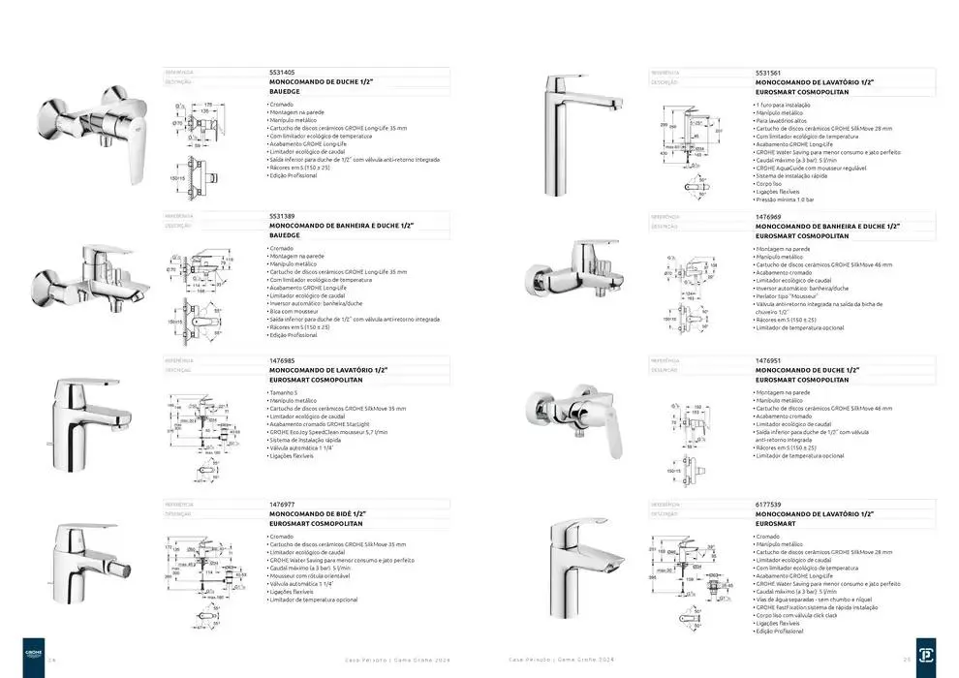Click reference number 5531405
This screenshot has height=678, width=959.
click(x=283, y=73)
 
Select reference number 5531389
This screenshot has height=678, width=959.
click(x=283, y=216)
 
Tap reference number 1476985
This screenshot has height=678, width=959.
click(x=283, y=360)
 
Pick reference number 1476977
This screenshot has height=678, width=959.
click(x=283, y=505)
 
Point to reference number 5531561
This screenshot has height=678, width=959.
click(x=768, y=73)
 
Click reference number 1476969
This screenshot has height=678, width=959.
click(x=768, y=217)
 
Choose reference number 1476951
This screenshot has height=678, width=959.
click(x=768, y=360)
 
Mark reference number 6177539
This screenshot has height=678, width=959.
click(x=768, y=505)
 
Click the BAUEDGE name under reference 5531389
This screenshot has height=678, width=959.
click(x=285, y=235)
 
